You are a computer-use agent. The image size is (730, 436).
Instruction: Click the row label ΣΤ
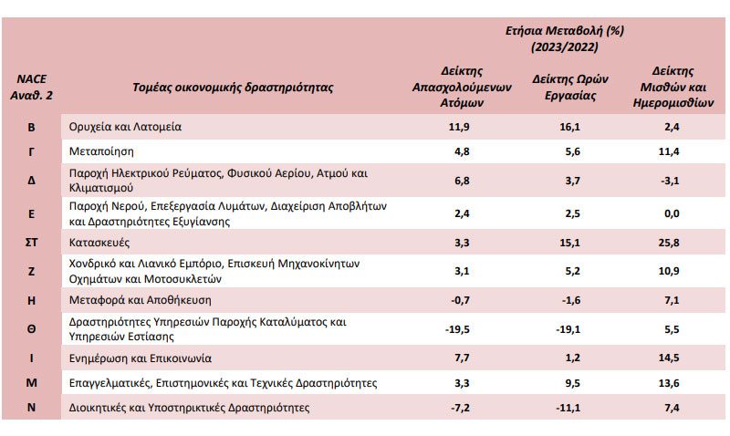click(x=31, y=243)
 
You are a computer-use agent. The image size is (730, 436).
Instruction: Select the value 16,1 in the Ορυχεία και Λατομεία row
click(x=569, y=127)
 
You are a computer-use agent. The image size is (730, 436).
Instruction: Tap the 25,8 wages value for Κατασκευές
click(x=669, y=243)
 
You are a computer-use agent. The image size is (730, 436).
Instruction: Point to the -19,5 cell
click(x=457, y=329)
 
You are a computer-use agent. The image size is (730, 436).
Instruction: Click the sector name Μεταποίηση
click(x=101, y=151)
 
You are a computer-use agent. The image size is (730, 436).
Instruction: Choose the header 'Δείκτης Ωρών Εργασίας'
click(x=570, y=87)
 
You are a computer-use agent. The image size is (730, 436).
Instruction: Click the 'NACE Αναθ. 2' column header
click(x=32, y=87)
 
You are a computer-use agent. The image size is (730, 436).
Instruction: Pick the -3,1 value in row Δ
click(x=670, y=181)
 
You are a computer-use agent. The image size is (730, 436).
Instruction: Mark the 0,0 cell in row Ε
click(x=672, y=213)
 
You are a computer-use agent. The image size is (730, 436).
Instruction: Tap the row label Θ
click(x=31, y=329)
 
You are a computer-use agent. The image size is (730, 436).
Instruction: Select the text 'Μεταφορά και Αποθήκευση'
click(x=141, y=300)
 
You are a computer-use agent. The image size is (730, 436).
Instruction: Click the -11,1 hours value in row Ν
click(x=568, y=408)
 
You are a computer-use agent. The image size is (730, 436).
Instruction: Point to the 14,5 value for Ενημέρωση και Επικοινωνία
click(x=669, y=358)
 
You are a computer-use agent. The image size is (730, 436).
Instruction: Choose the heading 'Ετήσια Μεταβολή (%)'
click(x=565, y=31)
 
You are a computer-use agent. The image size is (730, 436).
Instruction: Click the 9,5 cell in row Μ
click(x=573, y=383)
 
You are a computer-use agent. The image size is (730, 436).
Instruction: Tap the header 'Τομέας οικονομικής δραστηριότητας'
click(x=233, y=88)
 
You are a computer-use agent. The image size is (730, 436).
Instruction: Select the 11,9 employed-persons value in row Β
click(x=459, y=127)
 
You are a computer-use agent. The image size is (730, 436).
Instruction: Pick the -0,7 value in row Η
click(x=461, y=300)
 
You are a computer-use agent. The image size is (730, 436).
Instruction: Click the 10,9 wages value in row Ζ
click(x=669, y=271)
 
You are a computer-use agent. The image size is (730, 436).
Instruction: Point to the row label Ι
click(x=31, y=358)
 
